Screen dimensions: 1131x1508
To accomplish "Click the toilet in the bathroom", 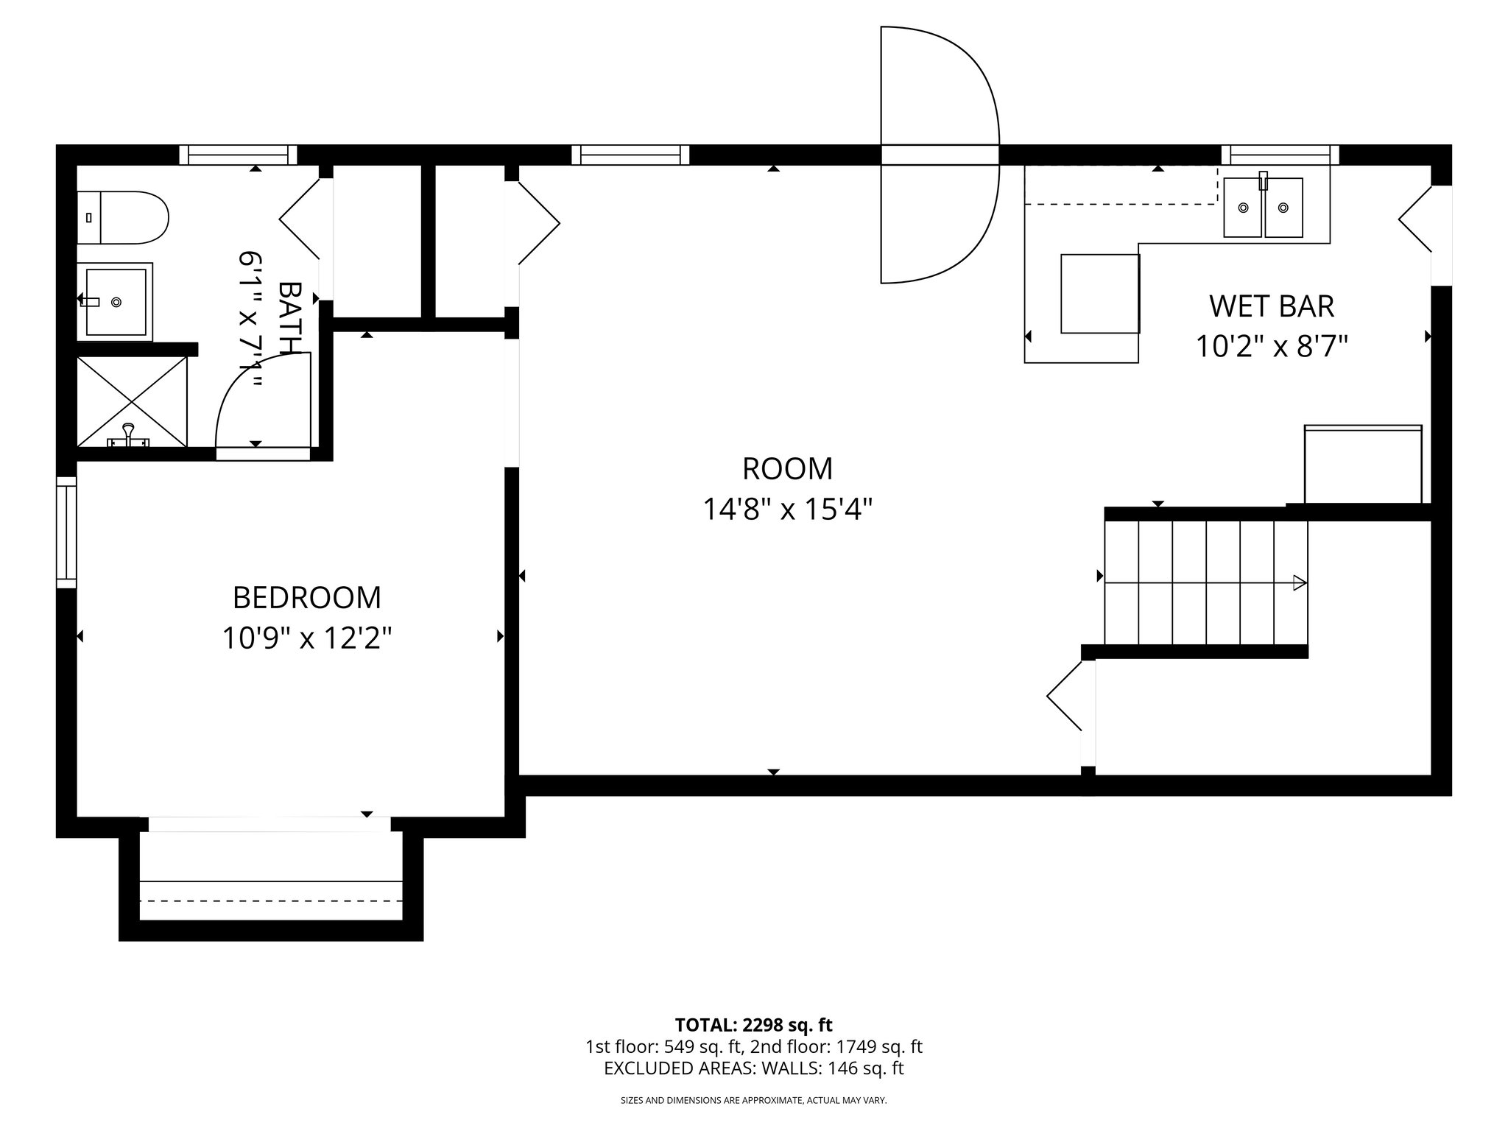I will [124, 218].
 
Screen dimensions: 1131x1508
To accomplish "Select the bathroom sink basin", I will [116, 301].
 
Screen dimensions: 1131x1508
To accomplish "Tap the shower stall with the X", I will [133, 401].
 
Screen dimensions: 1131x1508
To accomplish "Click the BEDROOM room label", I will [307, 598].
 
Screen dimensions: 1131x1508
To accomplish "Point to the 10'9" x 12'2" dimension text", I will [307, 638].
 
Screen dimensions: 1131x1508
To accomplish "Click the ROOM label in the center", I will [787, 469].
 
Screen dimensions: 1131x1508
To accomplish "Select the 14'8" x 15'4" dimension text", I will [787, 510].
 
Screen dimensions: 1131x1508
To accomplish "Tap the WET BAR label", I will [1272, 306].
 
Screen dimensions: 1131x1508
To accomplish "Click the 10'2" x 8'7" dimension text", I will [1272, 347].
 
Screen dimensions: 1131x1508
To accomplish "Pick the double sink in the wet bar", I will [1263, 208].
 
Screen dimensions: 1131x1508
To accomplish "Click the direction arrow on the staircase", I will [1299, 583].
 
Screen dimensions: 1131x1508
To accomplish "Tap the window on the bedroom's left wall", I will [67, 532].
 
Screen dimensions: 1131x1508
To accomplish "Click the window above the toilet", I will [239, 155].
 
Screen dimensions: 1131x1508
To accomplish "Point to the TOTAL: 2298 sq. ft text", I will [753, 1025].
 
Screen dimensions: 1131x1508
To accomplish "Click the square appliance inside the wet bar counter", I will [1100, 293].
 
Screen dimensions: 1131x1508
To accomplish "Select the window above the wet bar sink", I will [1280, 155].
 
